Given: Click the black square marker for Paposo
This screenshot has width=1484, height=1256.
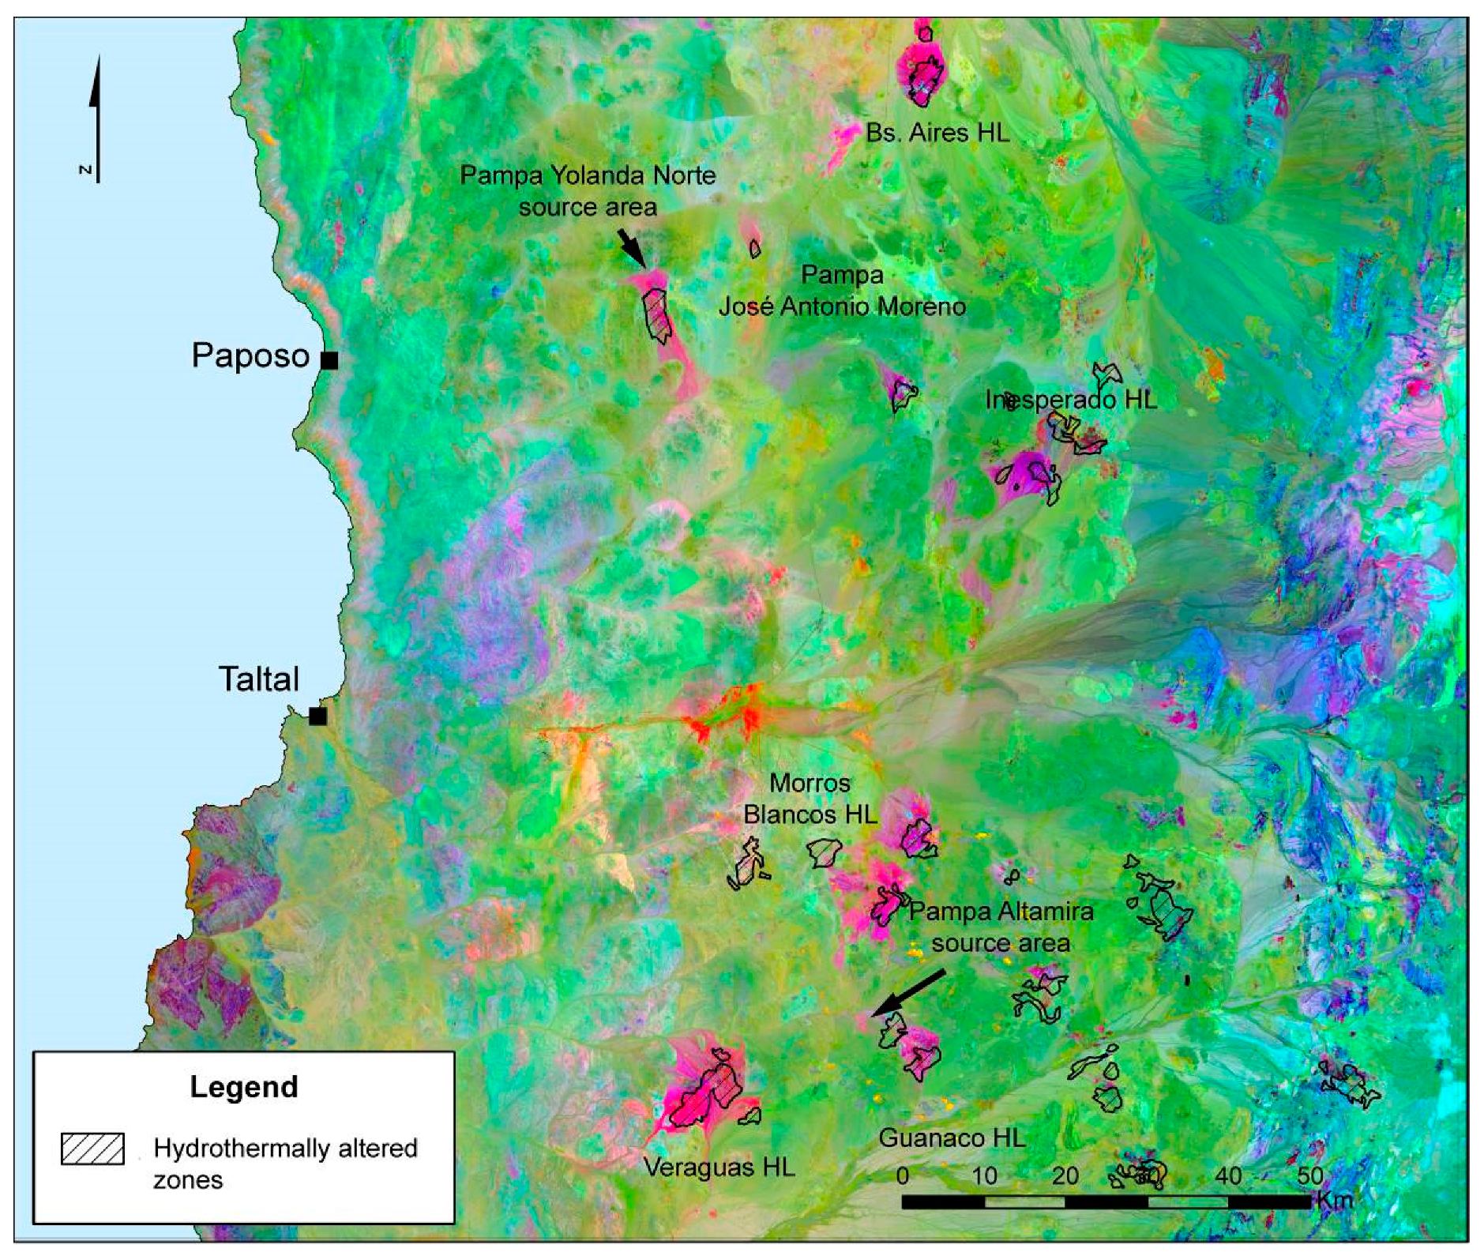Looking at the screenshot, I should (x=329, y=360).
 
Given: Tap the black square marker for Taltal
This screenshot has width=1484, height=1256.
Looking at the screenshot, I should (x=317, y=716).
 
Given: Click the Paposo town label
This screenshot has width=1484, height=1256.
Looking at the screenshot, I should (x=250, y=356).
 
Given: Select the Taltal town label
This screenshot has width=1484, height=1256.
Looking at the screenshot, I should (x=259, y=679).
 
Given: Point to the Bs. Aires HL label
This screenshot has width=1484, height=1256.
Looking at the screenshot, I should (x=937, y=133).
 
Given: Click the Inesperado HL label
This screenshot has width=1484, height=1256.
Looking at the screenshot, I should (x=1071, y=400).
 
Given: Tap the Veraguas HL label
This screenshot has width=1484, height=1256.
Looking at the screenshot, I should (x=719, y=1167).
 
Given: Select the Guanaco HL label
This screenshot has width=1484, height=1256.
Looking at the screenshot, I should (x=952, y=1138).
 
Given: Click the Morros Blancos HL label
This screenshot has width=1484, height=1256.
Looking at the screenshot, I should (x=810, y=799).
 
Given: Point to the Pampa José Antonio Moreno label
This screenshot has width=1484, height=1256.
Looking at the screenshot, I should (x=842, y=291).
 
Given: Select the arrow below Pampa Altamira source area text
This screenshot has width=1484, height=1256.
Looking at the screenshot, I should (x=908, y=994).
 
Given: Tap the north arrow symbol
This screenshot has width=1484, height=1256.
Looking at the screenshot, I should (x=96, y=118).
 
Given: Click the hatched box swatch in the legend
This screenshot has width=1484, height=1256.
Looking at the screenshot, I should (x=93, y=1149).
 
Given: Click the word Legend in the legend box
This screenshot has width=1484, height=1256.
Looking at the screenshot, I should (x=243, y=1087).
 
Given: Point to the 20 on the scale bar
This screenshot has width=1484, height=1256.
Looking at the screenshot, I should (x=1065, y=1175).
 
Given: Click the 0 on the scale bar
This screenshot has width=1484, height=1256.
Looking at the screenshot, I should (x=903, y=1175).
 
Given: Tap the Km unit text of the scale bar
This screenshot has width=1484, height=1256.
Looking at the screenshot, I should (x=1335, y=1199).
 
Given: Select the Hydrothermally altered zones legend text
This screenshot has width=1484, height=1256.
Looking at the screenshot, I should (x=284, y=1163).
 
